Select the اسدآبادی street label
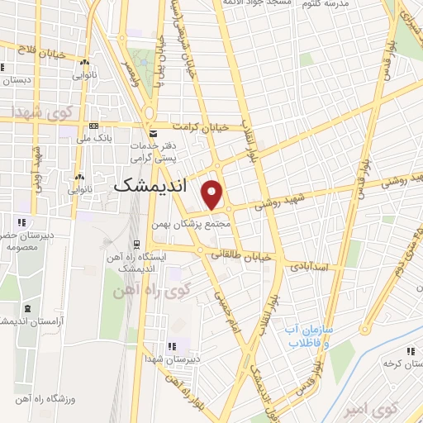pyautogui.click(x=310, y=266)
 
